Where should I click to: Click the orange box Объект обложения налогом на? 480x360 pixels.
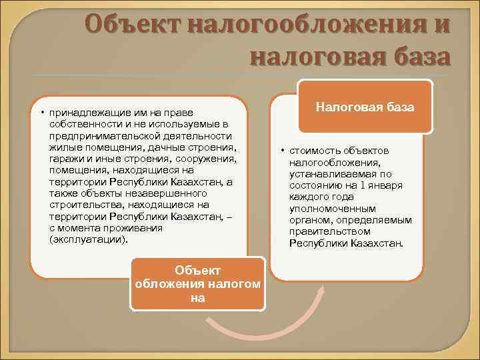click(197, 285)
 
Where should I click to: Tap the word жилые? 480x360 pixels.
click(64, 147)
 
